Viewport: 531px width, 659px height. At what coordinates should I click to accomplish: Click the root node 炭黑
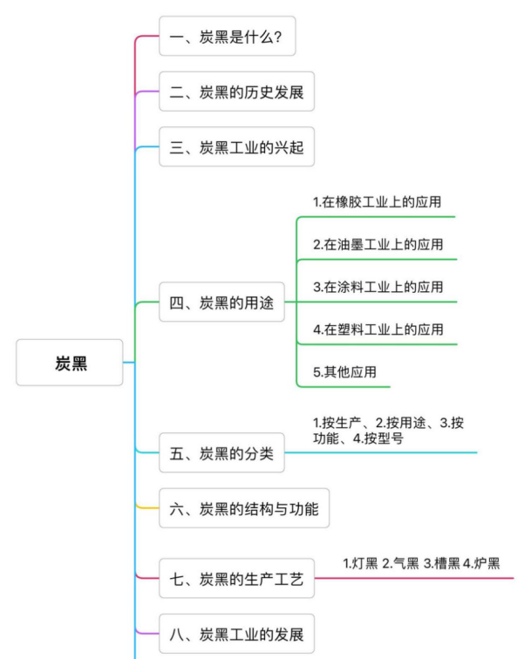tap(70, 362)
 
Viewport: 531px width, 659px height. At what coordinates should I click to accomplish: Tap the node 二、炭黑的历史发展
tap(236, 92)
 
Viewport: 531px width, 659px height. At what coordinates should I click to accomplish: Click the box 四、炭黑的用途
tap(221, 302)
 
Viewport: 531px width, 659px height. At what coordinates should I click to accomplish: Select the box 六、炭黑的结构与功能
tap(243, 508)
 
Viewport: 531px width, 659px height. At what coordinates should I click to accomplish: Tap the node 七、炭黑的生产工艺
tap(236, 578)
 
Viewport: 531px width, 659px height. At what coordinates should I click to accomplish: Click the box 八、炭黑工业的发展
tap(236, 633)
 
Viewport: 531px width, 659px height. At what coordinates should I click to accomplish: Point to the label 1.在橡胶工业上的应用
tap(378, 201)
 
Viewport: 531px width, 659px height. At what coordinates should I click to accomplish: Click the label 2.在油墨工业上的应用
tap(378, 244)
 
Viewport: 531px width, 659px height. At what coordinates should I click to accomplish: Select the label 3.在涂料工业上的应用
tap(378, 287)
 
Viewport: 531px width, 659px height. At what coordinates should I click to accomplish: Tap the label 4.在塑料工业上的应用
tap(378, 329)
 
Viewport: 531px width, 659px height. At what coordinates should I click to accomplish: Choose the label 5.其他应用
tap(344, 371)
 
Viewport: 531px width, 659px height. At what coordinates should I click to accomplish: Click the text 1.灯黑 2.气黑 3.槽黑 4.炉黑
tap(421, 563)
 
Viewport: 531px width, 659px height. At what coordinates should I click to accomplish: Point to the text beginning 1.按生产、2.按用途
tap(387, 431)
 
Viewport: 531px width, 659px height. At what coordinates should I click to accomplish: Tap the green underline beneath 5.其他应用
tap(344, 385)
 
